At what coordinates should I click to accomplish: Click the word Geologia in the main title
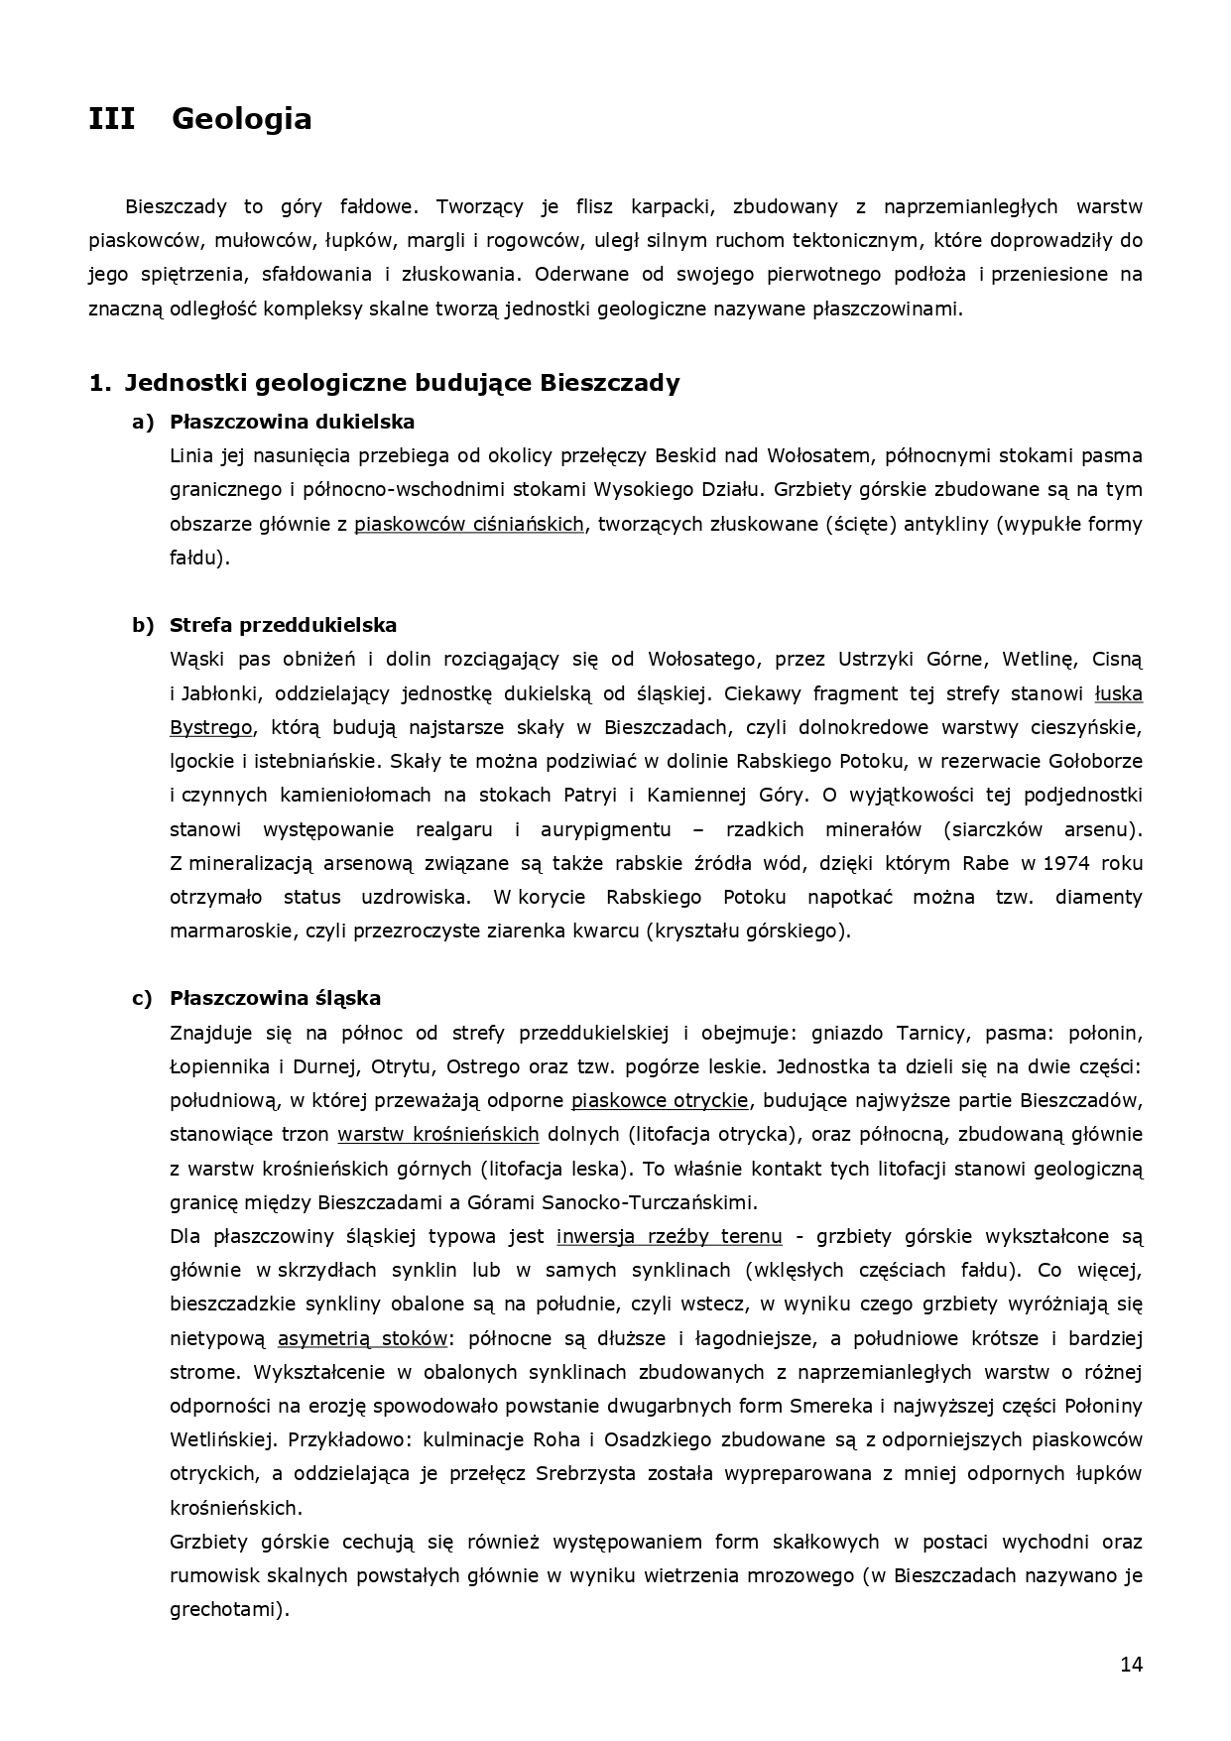point(241,119)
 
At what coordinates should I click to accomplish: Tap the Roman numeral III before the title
point(112,119)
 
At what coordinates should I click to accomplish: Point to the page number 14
point(1131,1665)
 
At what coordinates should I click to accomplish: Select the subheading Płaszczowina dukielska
point(292,422)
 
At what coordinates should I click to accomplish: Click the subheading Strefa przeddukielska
point(283,625)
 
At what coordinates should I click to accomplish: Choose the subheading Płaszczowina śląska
point(275,998)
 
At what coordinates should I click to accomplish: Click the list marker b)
point(143,625)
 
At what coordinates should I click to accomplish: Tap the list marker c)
point(143,998)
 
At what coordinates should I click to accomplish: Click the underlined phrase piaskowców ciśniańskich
point(468,524)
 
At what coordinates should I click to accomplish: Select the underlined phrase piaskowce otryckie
point(660,1100)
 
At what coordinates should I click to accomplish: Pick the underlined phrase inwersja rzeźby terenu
point(670,1236)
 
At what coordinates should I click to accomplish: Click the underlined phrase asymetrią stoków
point(362,1338)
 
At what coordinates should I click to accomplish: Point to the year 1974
point(1066,863)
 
